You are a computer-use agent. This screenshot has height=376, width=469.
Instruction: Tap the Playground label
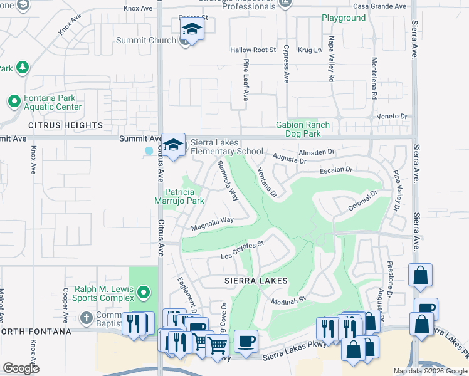pos(344,18)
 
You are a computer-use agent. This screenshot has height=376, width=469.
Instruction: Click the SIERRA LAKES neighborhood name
pos(256,281)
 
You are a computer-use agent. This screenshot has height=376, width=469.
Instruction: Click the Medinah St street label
pos(288,300)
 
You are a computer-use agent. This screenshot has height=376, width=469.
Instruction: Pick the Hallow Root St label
pos(253,50)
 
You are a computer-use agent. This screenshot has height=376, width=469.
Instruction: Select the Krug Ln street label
pos(309,50)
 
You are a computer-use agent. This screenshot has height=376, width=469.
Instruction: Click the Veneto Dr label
pos(392,117)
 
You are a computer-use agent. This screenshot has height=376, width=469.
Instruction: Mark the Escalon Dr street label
pos(337,170)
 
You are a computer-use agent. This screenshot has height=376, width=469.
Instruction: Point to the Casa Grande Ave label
pos(371,6)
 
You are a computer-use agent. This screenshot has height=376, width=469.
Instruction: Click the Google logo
pos(21,368)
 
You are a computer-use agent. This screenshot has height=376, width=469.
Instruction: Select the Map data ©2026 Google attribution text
pos(429,371)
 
